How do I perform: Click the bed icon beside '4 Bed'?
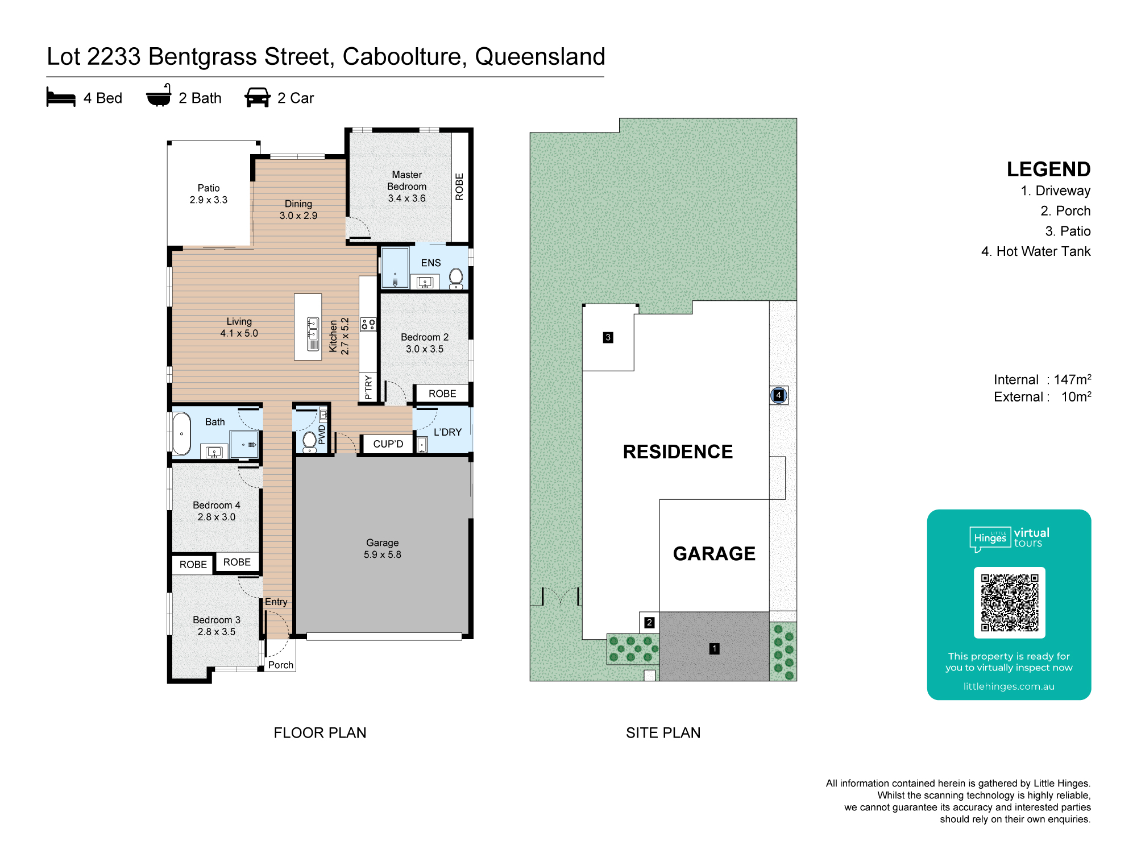click(x=61, y=97)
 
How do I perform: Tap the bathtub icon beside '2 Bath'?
click(x=159, y=96)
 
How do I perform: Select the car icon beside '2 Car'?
click(x=258, y=97)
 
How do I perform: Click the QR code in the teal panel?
click(x=1010, y=603)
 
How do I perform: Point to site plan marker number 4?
click(x=778, y=395)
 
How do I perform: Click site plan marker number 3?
click(x=608, y=337)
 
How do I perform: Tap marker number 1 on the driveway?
click(x=715, y=648)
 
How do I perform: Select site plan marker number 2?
click(x=649, y=623)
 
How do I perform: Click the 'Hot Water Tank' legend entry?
click(x=1036, y=251)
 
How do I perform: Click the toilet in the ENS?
click(x=456, y=279)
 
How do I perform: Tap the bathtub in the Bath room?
click(x=182, y=434)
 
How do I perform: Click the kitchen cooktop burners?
click(x=368, y=325)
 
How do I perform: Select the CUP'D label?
click(x=388, y=444)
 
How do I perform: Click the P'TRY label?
click(x=368, y=387)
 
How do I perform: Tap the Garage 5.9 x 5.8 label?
click(x=383, y=549)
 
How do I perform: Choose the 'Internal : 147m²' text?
click(x=1043, y=379)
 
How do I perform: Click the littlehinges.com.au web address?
click(x=1009, y=686)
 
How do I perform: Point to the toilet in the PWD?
click(x=310, y=441)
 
